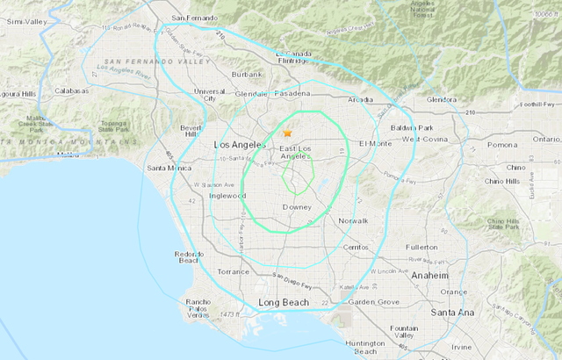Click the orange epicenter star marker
tap(286, 133)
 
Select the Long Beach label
tap(285, 303)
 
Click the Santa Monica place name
tap(170, 168)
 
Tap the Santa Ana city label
tap(453, 312)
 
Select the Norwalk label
tap(352, 220)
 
